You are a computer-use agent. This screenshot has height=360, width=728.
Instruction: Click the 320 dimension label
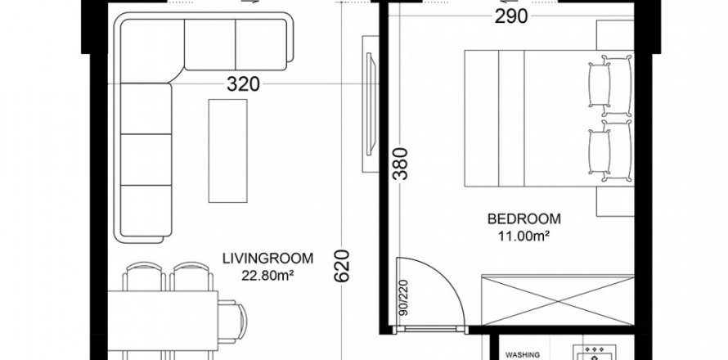click(x=243, y=84)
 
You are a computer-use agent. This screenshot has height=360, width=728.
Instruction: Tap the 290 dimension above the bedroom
click(x=511, y=16)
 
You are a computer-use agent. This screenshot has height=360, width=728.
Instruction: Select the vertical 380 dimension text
click(x=400, y=164)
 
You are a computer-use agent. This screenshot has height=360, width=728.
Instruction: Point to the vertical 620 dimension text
click(x=342, y=266)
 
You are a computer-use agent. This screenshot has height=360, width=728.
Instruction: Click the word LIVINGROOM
click(x=268, y=259)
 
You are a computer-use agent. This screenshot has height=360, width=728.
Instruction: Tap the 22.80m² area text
click(x=268, y=276)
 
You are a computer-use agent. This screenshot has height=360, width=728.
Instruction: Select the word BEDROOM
click(x=524, y=218)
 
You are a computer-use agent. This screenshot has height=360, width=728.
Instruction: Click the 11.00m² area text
click(x=524, y=236)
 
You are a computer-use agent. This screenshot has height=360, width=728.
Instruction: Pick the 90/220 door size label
click(x=403, y=298)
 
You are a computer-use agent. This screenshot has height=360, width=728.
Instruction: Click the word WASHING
click(x=523, y=355)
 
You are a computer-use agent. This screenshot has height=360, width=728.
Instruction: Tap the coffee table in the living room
click(x=227, y=151)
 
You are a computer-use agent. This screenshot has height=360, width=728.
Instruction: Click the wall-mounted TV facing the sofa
click(x=371, y=104)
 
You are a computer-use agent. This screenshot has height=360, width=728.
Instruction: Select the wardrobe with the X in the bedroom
click(x=558, y=299)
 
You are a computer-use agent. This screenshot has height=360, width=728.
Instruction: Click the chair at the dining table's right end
click(x=233, y=322)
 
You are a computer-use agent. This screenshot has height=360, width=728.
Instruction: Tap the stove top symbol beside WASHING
click(x=591, y=352)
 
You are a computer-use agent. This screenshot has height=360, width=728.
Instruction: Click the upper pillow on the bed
click(x=610, y=85)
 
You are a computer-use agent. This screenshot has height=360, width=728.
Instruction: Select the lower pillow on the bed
click(x=610, y=151)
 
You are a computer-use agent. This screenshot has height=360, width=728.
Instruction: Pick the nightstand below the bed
click(x=615, y=201)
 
